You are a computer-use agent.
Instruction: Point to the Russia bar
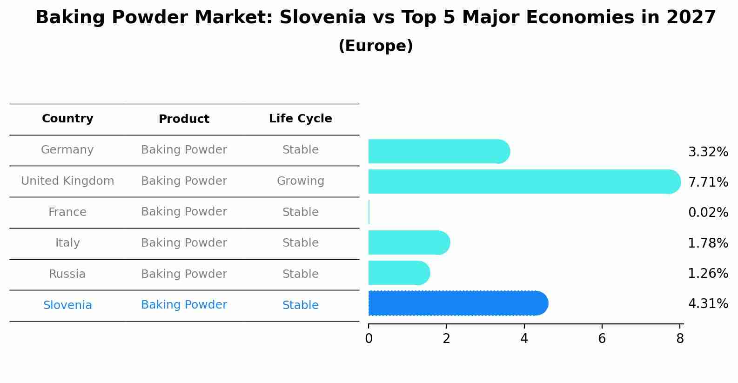coord(398,273)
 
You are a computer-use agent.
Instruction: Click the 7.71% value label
coord(708,182)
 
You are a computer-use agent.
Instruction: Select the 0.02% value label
coord(708,212)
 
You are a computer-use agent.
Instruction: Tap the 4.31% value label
coord(708,303)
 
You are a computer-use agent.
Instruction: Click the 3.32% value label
coord(708,152)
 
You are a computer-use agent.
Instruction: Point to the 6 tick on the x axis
coord(602,339)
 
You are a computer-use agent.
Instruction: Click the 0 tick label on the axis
coord(369,339)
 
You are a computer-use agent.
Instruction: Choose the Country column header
coord(67,119)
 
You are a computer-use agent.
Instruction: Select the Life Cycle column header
coord(300,119)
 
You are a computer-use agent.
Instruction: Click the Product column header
coord(184,119)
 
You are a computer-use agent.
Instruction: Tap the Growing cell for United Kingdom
coord(300,181)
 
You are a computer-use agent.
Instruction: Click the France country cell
coord(67,212)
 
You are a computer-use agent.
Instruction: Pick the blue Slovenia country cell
coord(67,305)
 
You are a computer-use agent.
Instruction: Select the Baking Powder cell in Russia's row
coord(184,274)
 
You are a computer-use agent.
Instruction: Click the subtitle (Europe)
coord(376,46)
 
